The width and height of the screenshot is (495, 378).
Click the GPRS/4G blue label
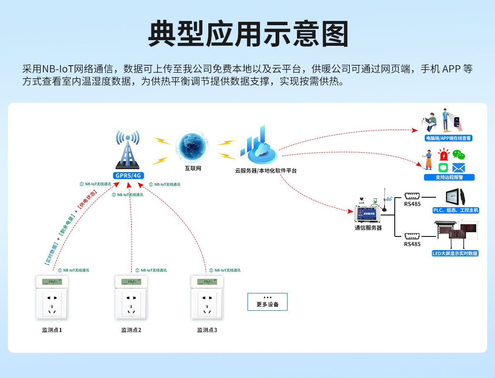tap(128, 175)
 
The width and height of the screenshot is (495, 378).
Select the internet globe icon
tap(192, 147)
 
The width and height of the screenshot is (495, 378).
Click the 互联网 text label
tap(193, 168)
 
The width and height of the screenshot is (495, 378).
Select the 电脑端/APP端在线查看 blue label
tap(448, 138)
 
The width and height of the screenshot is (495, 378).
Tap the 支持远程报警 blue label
tap(449, 177)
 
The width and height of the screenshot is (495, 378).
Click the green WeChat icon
tap(458, 155)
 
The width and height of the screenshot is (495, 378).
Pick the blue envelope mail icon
tap(458, 168)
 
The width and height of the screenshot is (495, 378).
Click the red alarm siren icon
tap(443, 155)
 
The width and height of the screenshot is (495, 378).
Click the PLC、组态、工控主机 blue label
tap(455, 210)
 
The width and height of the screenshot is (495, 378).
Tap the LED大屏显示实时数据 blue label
tap(455, 253)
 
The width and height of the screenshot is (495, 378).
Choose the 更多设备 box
tap(267, 302)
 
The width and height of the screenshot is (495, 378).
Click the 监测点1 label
tap(52, 330)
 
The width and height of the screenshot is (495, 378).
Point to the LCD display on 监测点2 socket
tap(131, 282)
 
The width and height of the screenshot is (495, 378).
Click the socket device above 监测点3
tap(207, 298)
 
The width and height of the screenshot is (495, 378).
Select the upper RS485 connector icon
tap(412, 196)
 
